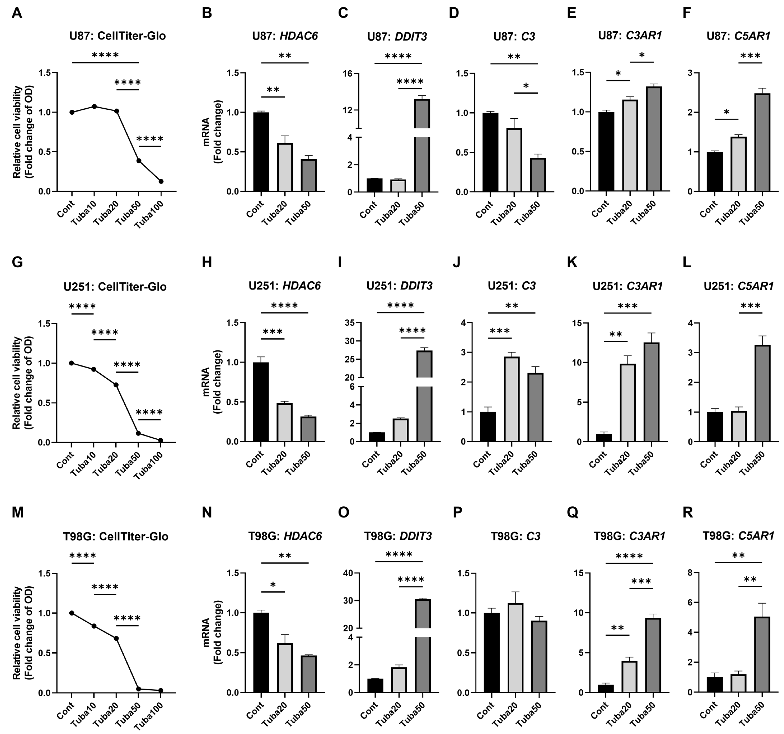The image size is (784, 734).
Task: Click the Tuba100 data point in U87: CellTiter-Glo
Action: (161, 181)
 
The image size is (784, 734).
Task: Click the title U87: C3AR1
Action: (630, 35)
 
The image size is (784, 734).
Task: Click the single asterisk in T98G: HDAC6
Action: (273, 585)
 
